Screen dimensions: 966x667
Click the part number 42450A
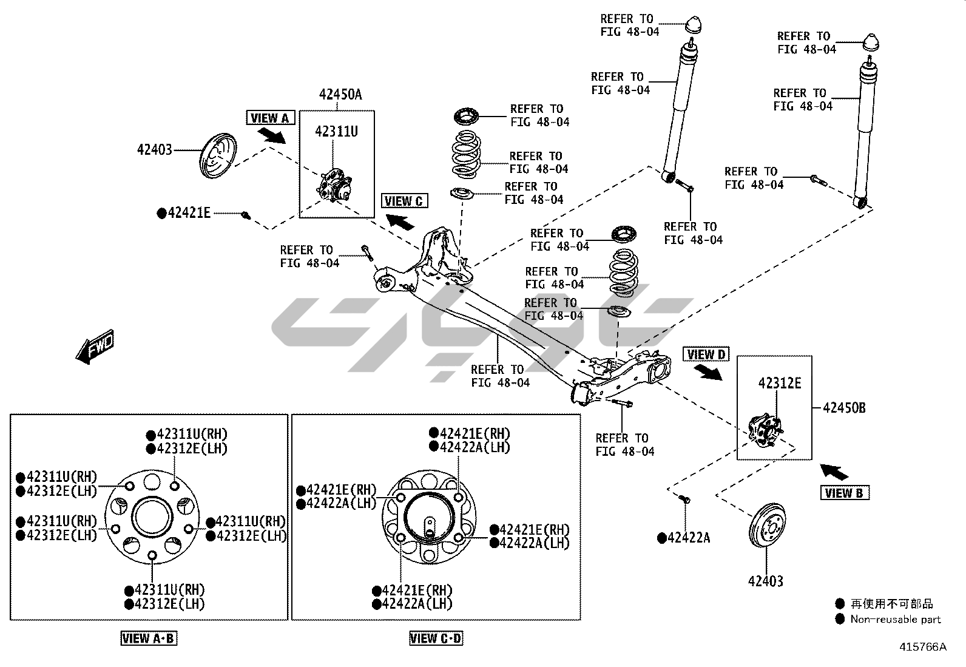[340, 95]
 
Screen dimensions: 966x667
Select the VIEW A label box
[271, 118]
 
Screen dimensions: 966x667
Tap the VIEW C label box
[404, 201]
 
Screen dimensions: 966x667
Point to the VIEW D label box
[706, 354]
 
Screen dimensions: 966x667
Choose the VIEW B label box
[845, 493]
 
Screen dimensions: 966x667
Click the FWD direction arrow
[95, 347]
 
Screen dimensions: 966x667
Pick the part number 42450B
[844, 408]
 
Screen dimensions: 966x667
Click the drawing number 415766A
[923, 647]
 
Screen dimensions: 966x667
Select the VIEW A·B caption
[148, 638]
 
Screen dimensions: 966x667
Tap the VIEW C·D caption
[436, 638]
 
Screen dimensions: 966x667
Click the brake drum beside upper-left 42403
[218, 155]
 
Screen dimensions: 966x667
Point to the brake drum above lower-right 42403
[767, 526]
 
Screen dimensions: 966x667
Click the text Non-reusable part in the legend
[895, 619]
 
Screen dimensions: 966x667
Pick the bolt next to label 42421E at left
[246, 214]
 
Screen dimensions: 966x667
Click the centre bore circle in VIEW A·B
[152, 517]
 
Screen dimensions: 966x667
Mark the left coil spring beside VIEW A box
[466, 154]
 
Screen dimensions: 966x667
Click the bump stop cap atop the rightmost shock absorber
[871, 42]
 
